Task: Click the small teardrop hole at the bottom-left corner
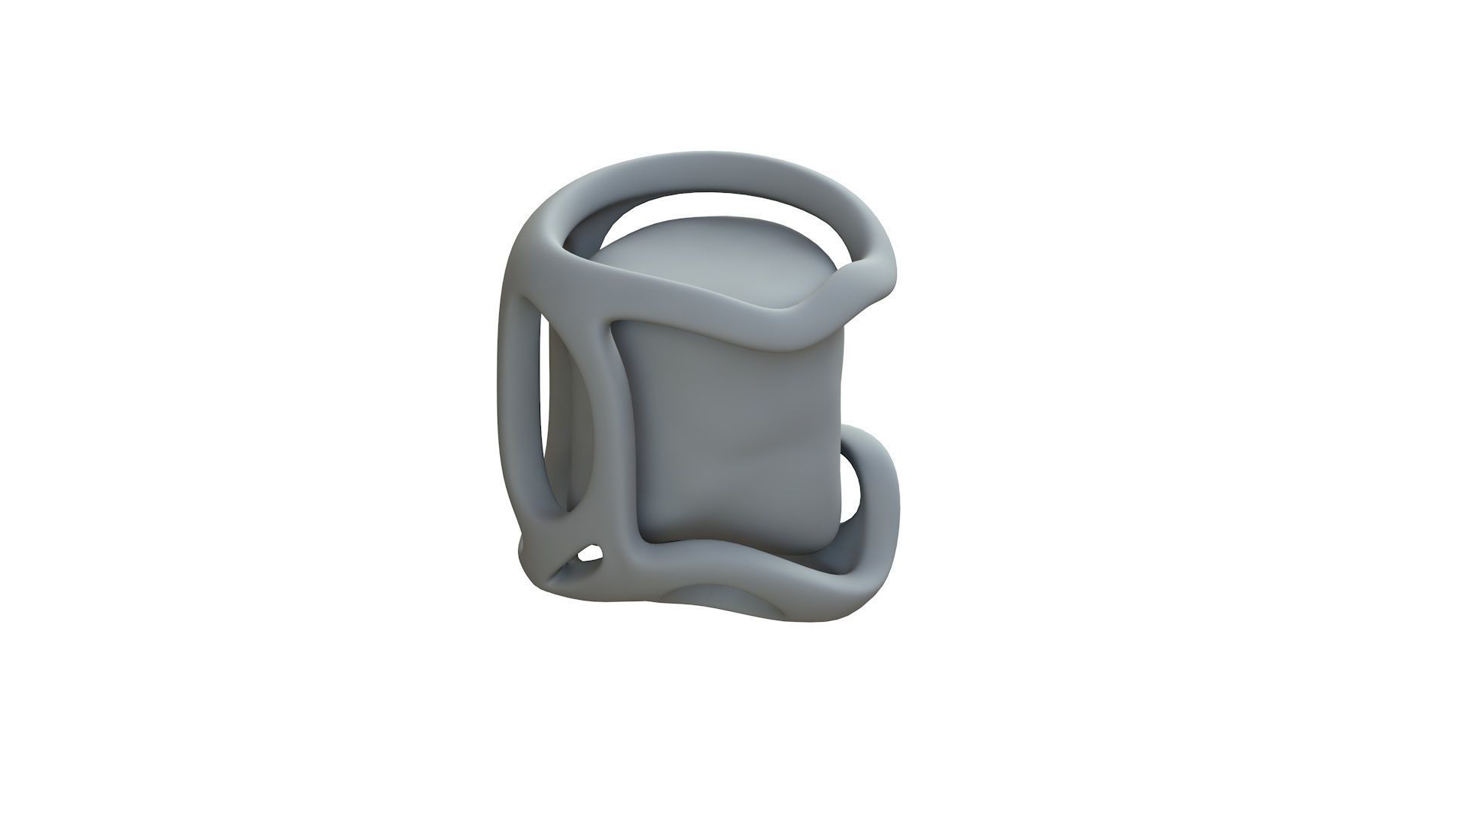tap(589, 553)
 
